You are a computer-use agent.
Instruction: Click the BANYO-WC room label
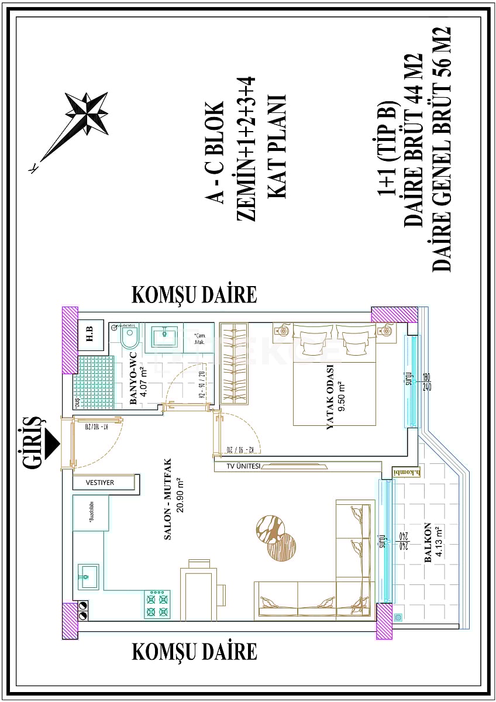(133, 378)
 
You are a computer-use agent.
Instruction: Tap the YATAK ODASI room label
(330, 398)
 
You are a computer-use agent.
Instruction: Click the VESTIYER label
(100, 483)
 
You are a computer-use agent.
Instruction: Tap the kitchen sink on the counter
(88, 576)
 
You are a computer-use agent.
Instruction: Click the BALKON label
(428, 542)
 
